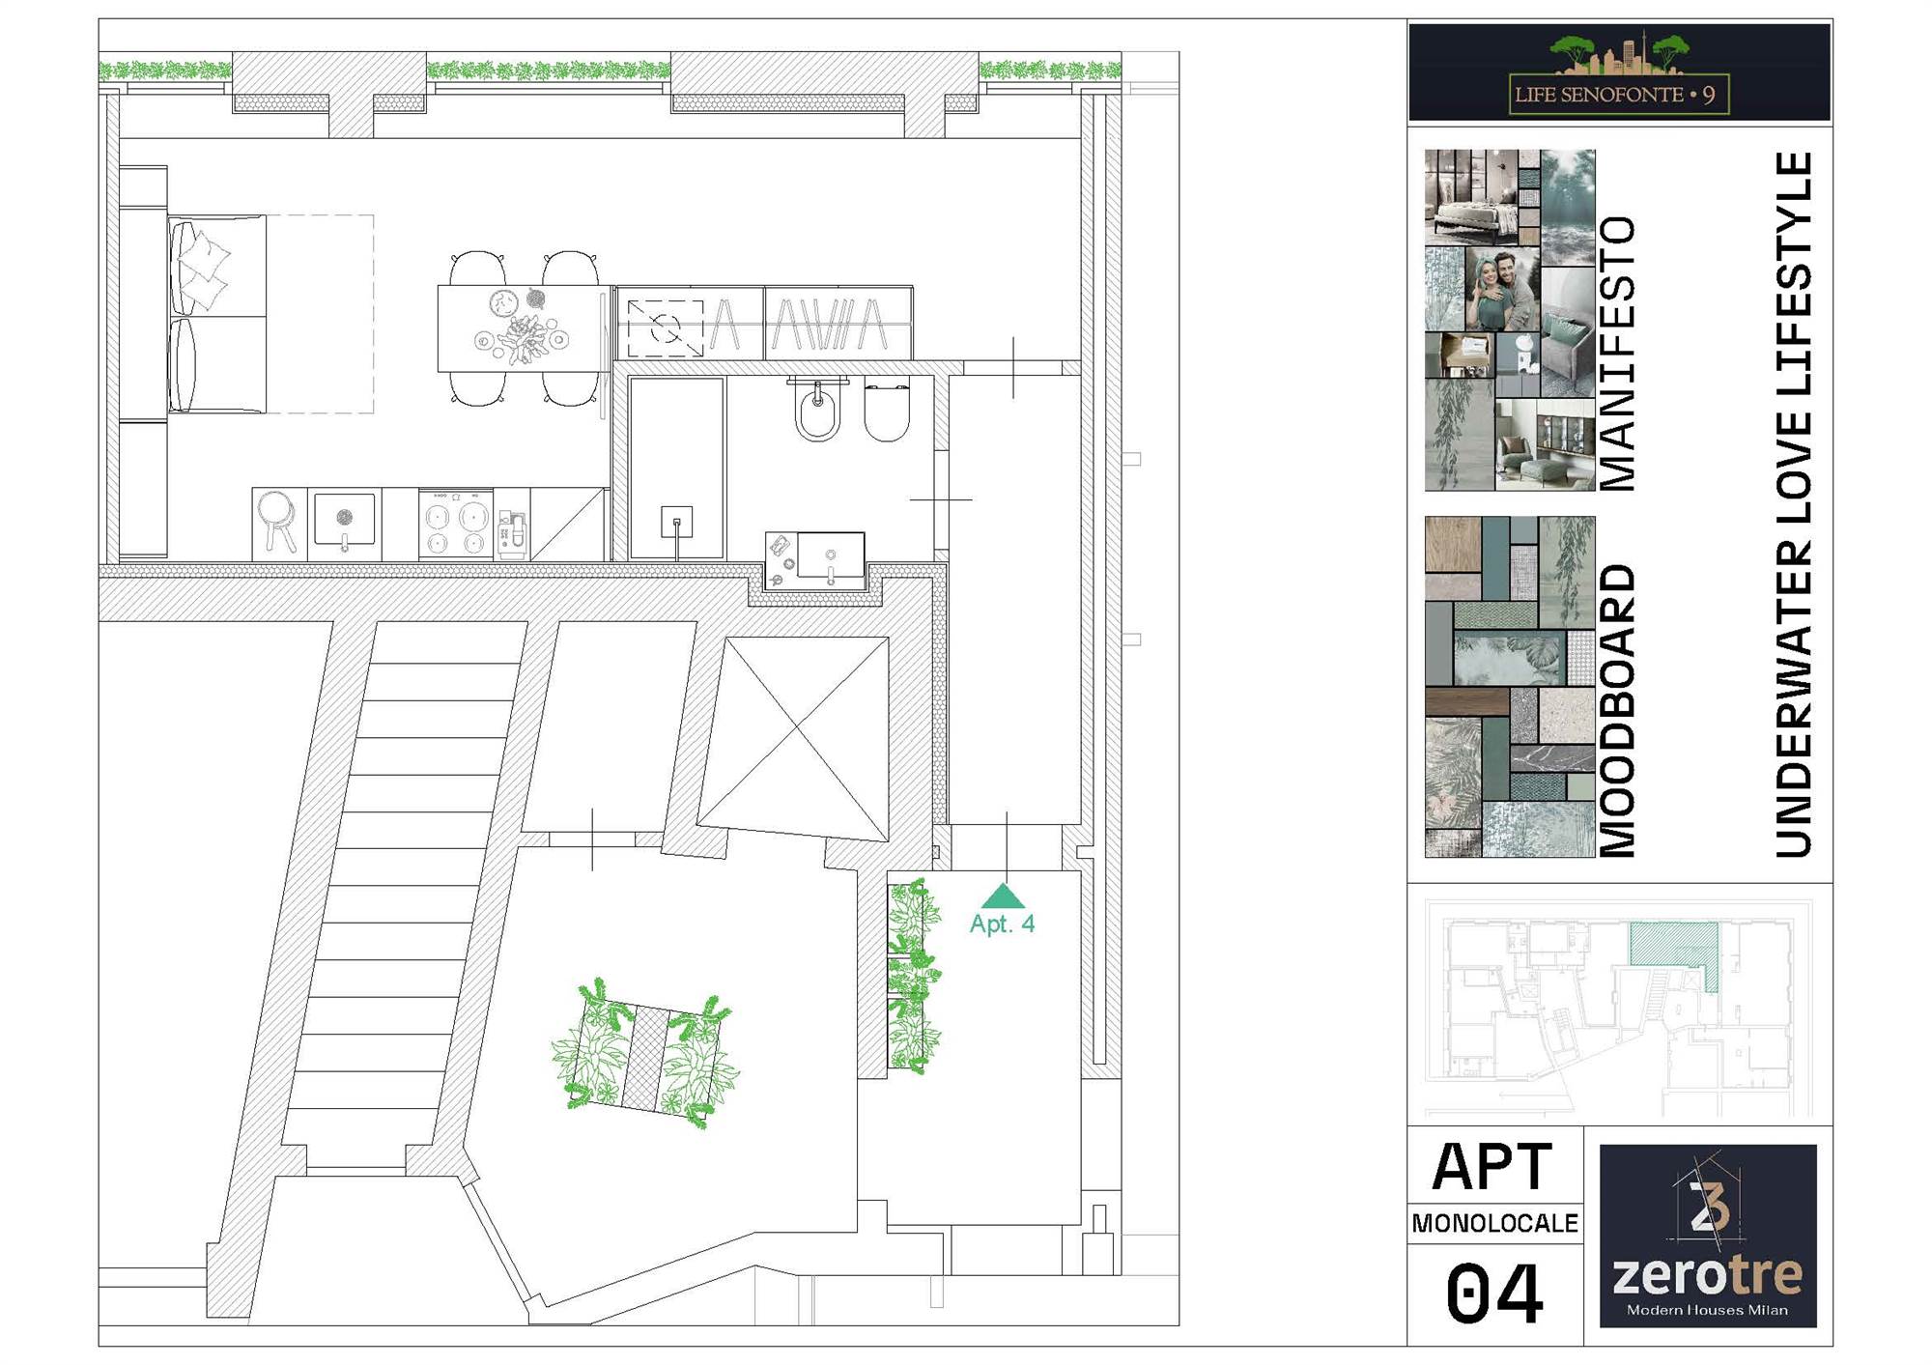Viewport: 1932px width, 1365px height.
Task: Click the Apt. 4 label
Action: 1002,924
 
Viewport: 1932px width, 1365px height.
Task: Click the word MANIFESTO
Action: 1618,354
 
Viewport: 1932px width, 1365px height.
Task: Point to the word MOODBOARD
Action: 1618,710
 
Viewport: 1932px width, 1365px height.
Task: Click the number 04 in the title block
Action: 1493,1294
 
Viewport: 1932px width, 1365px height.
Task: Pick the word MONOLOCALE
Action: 1494,1224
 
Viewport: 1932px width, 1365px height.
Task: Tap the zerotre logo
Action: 1708,1236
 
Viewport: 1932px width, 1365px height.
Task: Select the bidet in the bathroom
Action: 818,411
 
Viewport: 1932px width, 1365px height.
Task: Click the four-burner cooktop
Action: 455,523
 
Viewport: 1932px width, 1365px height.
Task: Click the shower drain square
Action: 676,523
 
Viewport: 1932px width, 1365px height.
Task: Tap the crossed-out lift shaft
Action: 794,738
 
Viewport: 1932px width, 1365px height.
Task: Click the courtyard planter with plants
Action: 644,1055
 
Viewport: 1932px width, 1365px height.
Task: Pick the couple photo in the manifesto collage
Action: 1502,289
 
